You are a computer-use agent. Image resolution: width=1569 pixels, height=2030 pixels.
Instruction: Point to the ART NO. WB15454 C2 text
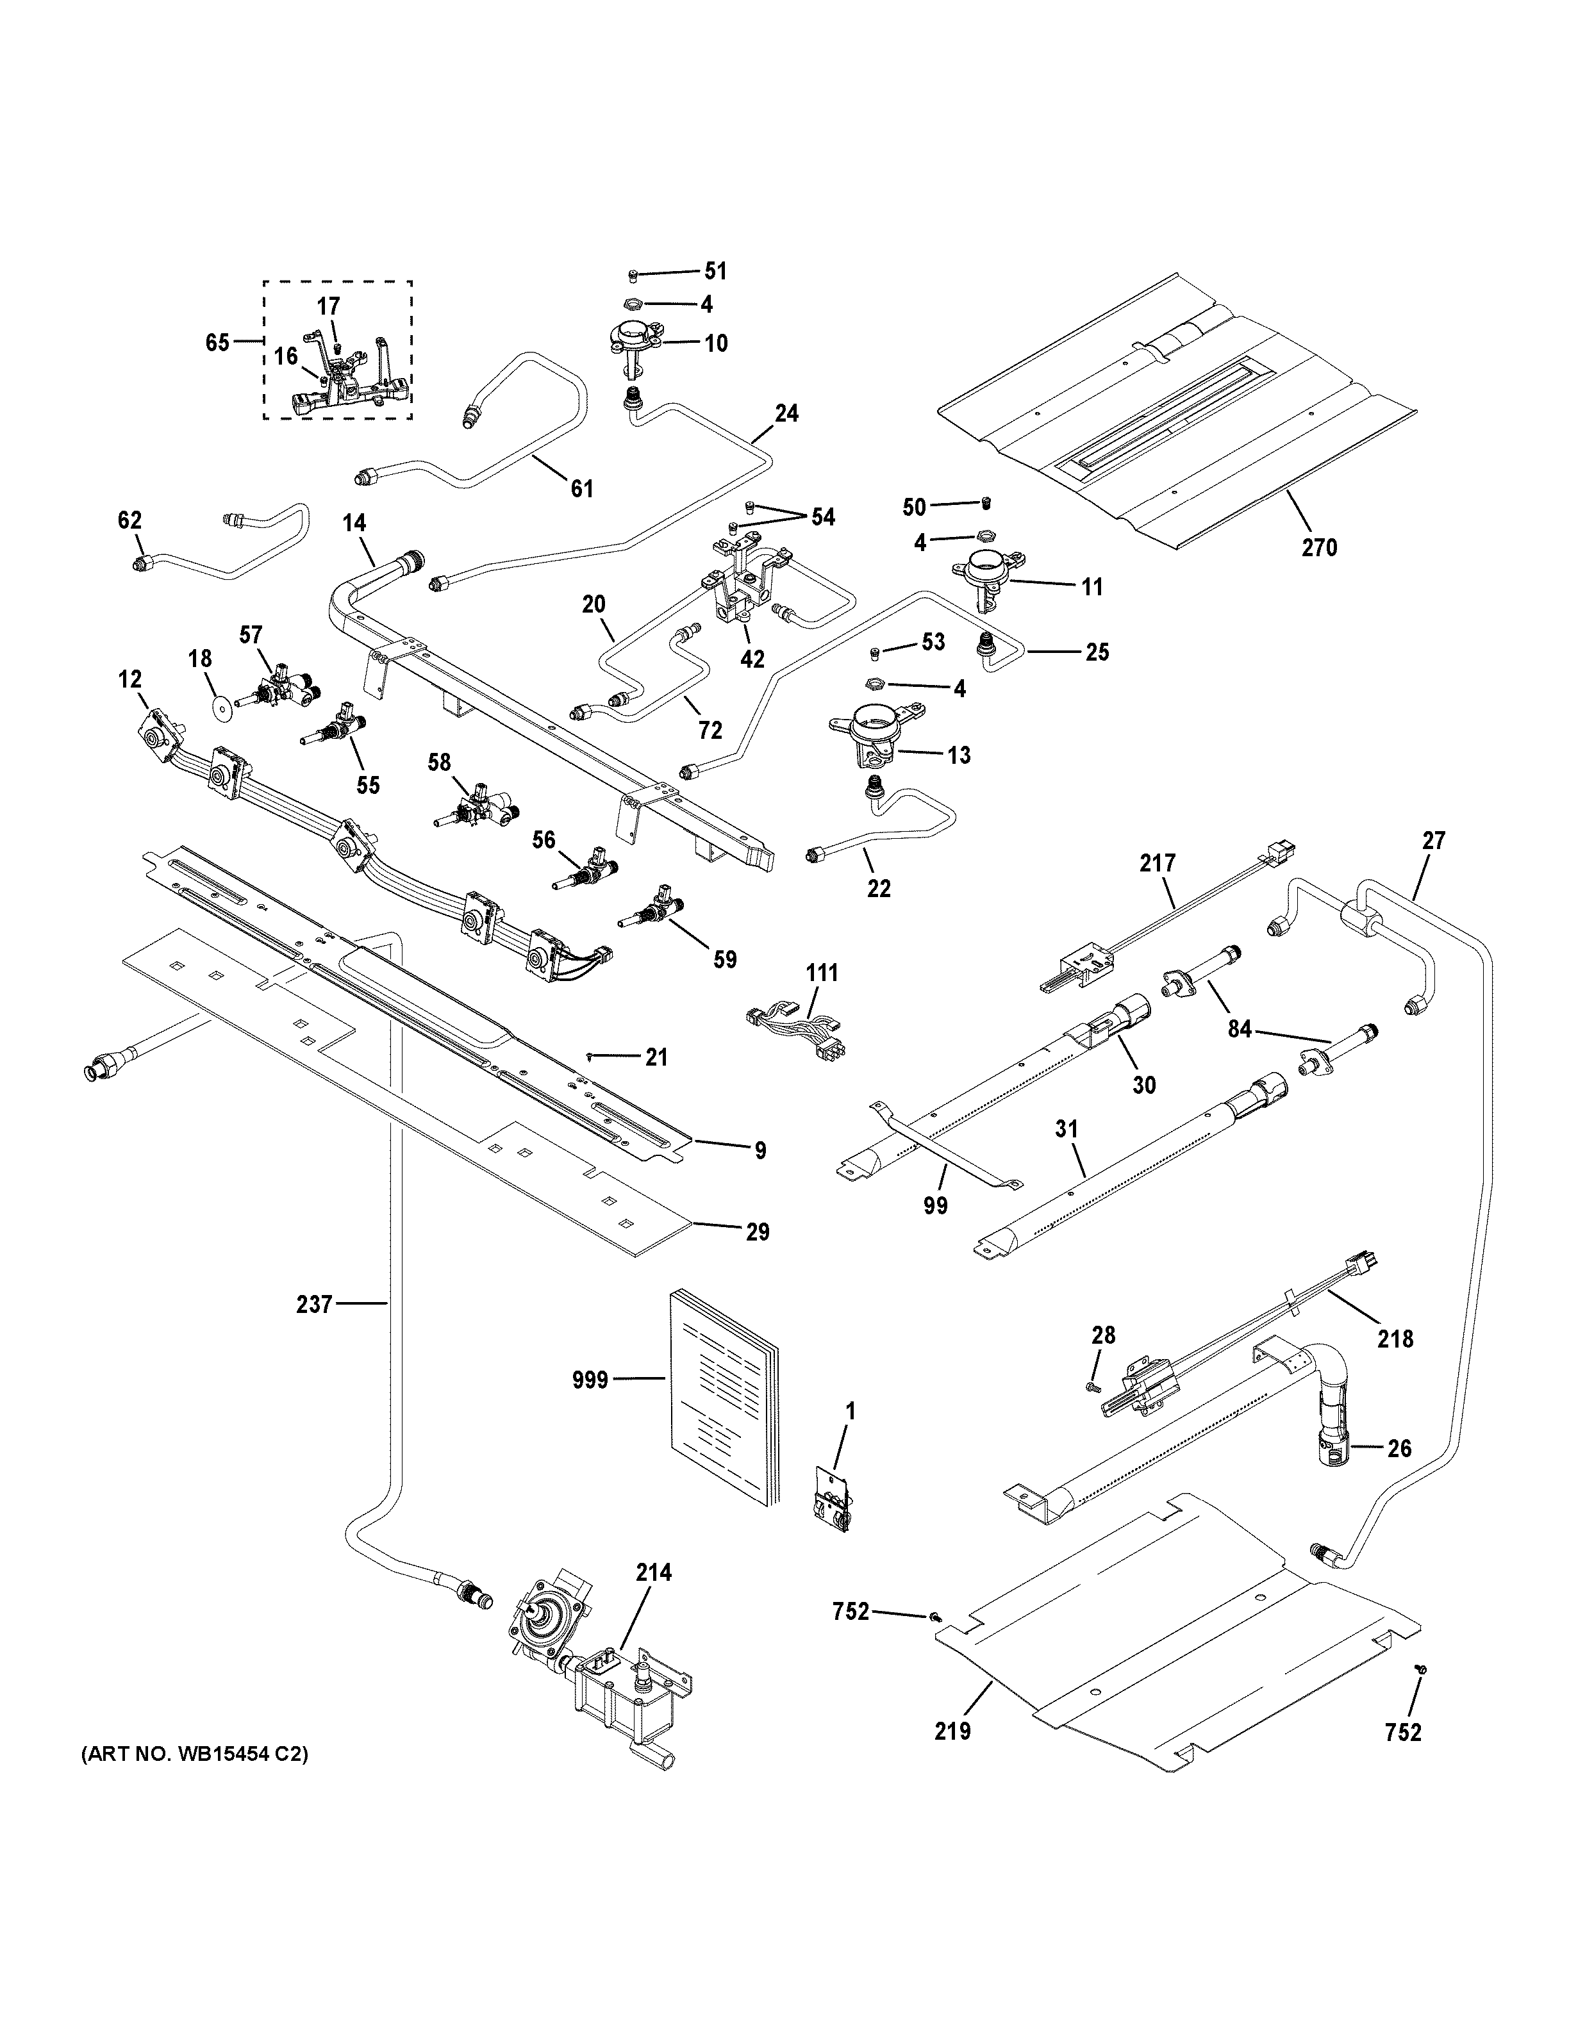[194, 1755]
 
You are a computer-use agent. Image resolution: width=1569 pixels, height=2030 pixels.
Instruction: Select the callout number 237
[314, 1305]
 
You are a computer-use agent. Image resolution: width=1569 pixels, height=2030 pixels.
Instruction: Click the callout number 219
[952, 1731]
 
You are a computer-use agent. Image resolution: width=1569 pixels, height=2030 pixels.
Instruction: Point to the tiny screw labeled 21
[591, 1056]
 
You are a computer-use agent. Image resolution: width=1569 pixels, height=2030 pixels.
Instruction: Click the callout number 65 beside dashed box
[217, 343]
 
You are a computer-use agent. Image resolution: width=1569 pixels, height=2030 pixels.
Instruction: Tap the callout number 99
[935, 1205]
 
